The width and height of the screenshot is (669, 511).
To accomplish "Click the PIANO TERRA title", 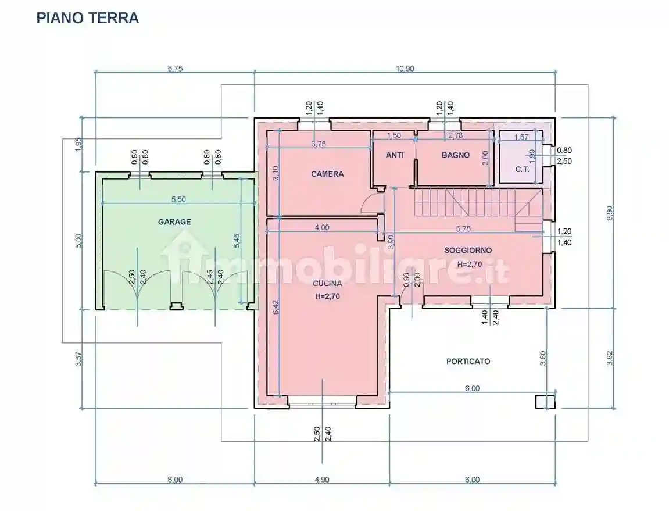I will pyautogui.click(x=88, y=18).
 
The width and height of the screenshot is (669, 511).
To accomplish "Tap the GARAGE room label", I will pyautogui.click(x=174, y=221).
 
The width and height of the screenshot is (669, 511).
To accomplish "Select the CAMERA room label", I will pyautogui.click(x=327, y=174).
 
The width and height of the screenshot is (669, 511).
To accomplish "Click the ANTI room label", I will pyautogui.click(x=395, y=155).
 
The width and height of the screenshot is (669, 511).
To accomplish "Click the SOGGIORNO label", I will pyautogui.click(x=468, y=250).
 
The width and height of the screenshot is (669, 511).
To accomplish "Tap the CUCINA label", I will pyautogui.click(x=327, y=284).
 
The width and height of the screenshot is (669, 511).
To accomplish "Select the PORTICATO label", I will pyautogui.click(x=468, y=361).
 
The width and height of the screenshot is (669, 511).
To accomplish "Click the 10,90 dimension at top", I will pyautogui.click(x=405, y=68).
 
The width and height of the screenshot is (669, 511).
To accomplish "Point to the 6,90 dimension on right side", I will pyautogui.click(x=609, y=213).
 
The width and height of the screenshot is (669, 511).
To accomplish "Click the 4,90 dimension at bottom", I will pyautogui.click(x=321, y=480).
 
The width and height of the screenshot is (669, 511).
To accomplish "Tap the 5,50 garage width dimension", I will pyautogui.click(x=178, y=199).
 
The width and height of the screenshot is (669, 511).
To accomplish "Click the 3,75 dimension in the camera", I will pyautogui.click(x=318, y=144).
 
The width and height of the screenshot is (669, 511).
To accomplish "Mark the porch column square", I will pyautogui.click(x=545, y=402).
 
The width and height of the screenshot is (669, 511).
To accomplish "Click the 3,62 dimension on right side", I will pyautogui.click(x=609, y=358).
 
